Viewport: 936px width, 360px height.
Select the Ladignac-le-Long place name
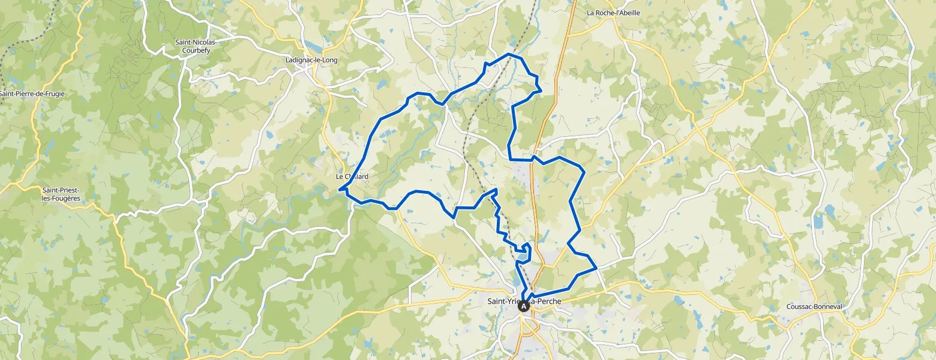pos(311,60)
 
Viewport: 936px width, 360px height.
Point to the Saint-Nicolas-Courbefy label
pos(196,46)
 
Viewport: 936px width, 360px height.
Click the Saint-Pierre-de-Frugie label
pos(32,94)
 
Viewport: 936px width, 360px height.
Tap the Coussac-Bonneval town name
pos(814,307)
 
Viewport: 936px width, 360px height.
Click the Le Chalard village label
pos(352,177)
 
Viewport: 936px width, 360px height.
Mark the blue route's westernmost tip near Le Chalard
pos(340,190)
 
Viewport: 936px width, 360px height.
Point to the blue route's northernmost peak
pos(509,54)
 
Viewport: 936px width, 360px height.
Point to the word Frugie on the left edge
pos(54,94)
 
